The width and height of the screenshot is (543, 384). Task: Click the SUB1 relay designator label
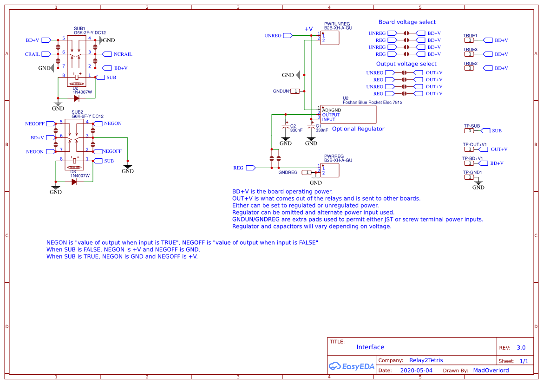pos(79,28)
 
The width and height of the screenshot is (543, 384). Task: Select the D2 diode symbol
pos(76,98)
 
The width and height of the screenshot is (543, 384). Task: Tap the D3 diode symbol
pos(74,182)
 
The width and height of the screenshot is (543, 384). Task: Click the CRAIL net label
pos(32,54)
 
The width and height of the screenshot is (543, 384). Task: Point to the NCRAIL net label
pos(123,54)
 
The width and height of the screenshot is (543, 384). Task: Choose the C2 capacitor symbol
pos(286,126)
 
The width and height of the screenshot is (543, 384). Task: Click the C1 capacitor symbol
pos(311,126)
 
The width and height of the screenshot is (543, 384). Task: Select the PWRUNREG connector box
pos(329,38)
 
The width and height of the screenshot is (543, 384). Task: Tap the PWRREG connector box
pos(329,170)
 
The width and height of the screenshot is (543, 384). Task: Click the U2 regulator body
pos(348,114)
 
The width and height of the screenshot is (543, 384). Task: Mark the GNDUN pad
pos(295,91)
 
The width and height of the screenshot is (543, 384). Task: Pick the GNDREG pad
pos(306,172)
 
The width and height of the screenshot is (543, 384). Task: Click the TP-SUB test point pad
pos(471,131)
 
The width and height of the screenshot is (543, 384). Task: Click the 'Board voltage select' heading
pos(407,22)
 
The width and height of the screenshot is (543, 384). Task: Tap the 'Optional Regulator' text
pos(358,129)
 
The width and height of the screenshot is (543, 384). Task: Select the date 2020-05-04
pos(416,371)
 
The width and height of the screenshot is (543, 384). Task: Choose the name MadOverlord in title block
pos(491,371)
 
